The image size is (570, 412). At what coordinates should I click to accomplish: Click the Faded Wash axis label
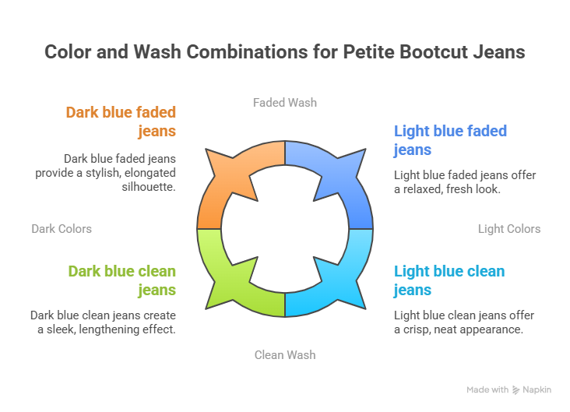pos(285,102)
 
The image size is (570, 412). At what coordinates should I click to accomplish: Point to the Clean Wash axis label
pos(285,355)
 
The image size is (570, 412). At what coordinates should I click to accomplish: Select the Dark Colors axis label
pos(62,229)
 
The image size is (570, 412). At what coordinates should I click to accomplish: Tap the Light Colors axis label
pos(508,229)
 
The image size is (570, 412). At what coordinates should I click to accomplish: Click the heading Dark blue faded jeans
pos(121,121)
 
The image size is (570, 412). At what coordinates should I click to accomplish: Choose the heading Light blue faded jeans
pos(450,139)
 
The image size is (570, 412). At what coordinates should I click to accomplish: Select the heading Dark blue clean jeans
pos(121,280)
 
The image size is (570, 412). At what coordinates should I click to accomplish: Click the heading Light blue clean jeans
pos(449,280)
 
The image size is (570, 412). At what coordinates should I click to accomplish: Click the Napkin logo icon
pos(515,389)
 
